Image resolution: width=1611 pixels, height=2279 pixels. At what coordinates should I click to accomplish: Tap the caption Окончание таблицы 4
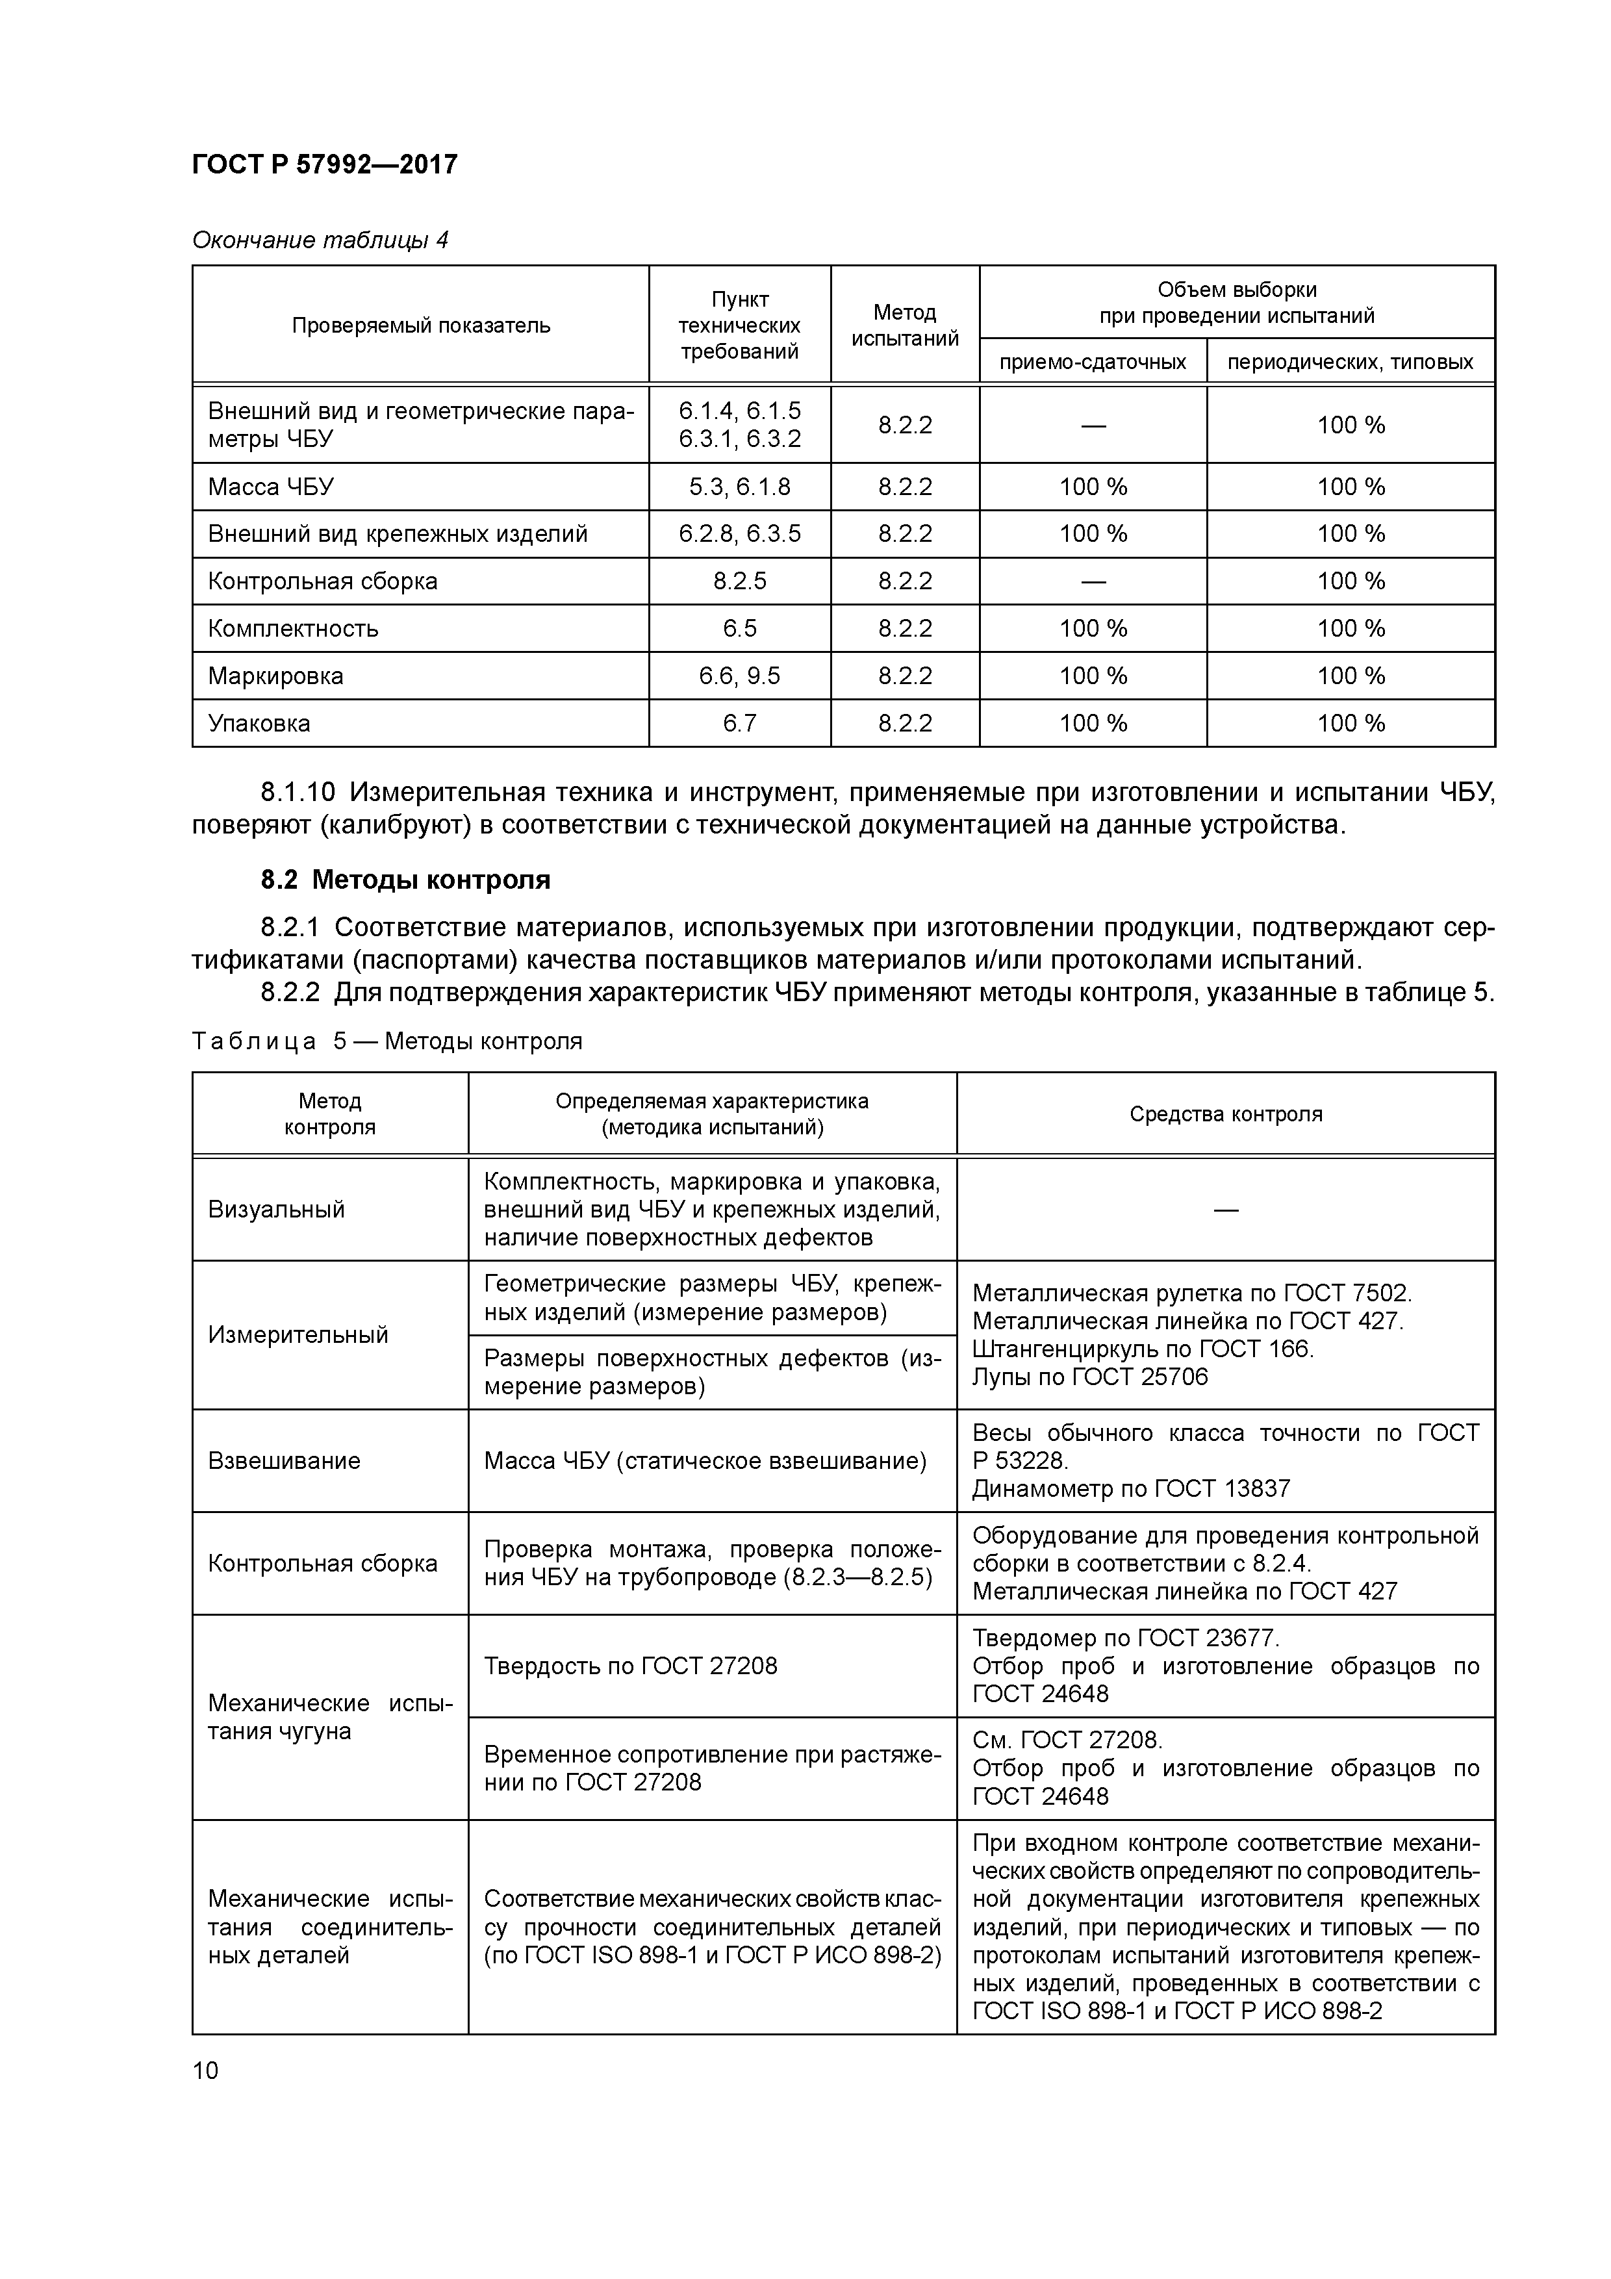(320, 240)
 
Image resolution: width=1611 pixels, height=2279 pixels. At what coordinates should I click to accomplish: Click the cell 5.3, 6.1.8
(739, 487)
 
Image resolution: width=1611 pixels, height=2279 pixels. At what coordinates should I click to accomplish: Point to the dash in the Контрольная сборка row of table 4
(1093, 581)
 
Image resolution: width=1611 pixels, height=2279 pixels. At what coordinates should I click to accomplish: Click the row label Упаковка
(259, 724)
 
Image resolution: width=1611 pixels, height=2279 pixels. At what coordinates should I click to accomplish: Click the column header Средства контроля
(1225, 1114)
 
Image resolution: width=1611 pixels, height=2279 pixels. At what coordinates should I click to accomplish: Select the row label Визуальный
(276, 1210)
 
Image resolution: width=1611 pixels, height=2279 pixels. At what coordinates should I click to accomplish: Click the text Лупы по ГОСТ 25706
(1090, 1377)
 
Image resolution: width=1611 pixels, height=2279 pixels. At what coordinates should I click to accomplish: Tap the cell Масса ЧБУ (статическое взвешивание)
(705, 1461)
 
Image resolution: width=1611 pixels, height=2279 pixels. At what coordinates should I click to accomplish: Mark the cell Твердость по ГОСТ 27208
(630, 1666)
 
